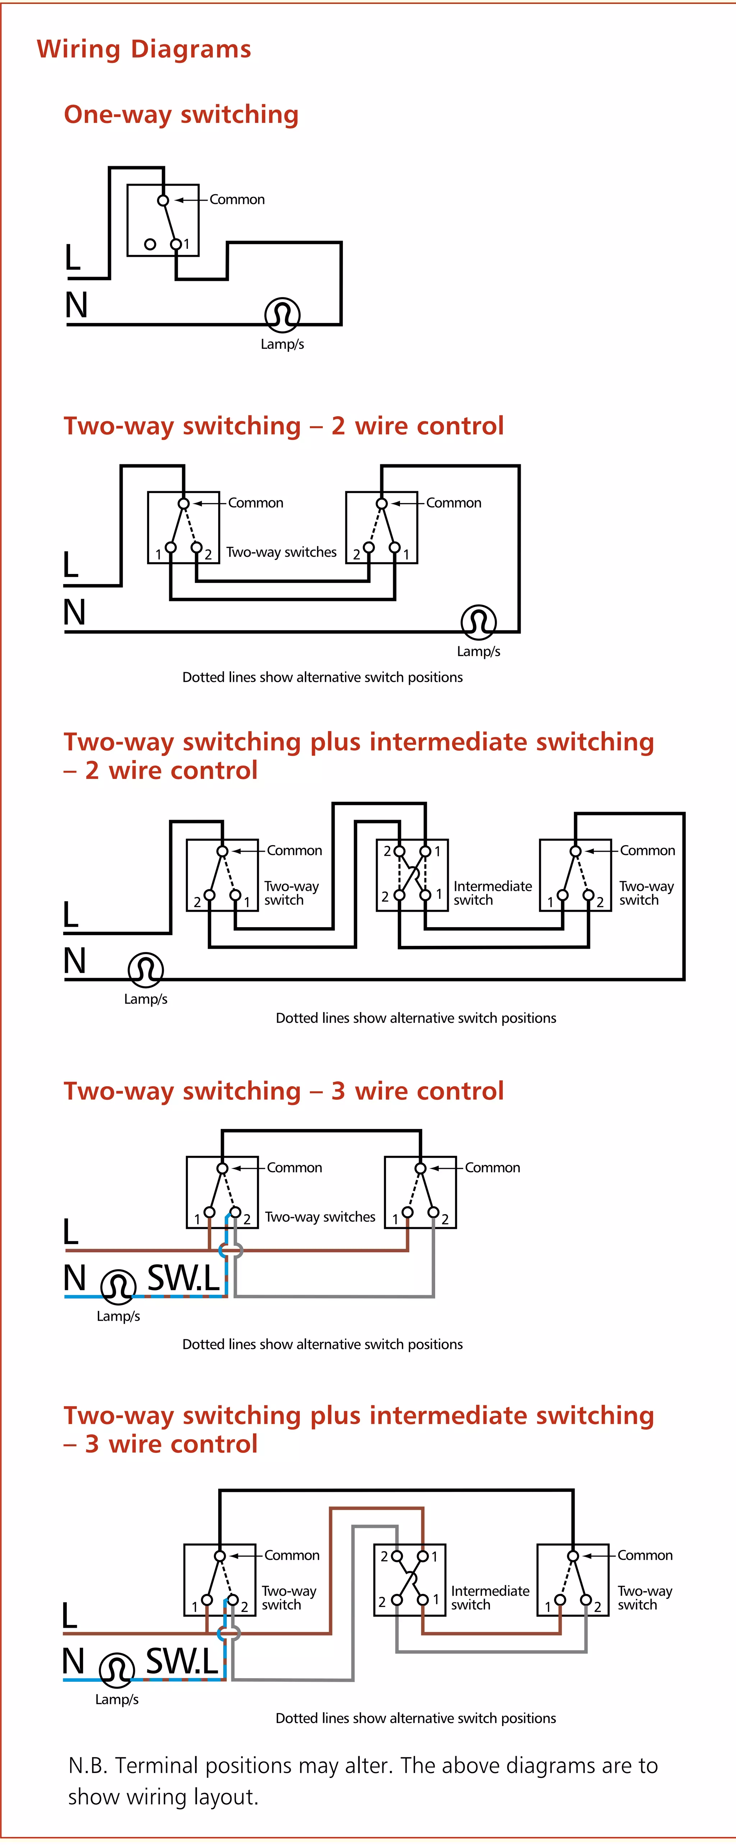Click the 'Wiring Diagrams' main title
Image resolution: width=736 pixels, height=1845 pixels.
[x=144, y=49]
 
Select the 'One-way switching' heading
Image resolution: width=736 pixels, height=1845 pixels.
[x=181, y=115]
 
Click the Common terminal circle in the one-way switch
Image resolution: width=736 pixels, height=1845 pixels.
[x=163, y=201]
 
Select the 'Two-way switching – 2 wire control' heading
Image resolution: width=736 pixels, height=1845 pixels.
[x=284, y=426]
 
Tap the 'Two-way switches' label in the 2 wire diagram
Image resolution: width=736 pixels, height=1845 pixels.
[x=281, y=552]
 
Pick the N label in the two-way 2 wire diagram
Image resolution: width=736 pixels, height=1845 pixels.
[x=74, y=612]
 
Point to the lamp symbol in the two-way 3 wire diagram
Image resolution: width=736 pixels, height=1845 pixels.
[x=118, y=1287]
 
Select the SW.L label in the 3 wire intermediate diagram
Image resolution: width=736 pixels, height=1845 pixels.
[x=182, y=1662]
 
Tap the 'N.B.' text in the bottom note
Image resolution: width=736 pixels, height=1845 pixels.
[x=88, y=1766]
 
